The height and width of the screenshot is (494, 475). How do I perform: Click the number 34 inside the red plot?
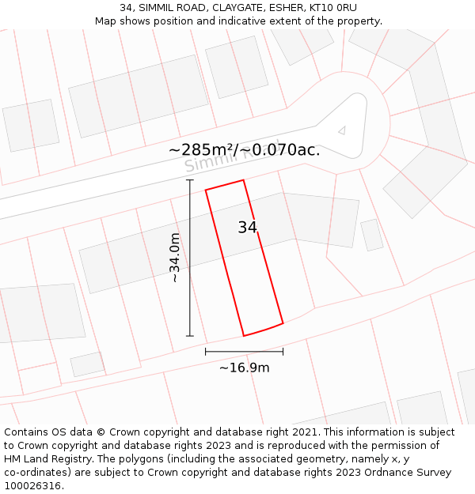tap(248, 228)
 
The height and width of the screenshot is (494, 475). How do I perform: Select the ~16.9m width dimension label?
tap(244, 368)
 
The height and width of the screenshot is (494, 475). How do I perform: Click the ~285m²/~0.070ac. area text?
tap(245, 149)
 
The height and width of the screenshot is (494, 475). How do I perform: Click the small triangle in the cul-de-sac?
tap(341, 130)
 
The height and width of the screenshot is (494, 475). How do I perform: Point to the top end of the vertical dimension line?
tap(190, 180)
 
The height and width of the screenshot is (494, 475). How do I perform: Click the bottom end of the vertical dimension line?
tap(190, 336)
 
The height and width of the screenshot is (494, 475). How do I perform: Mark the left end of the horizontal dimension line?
tap(206, 352)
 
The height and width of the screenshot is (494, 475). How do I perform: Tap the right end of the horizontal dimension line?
tap(283, 352)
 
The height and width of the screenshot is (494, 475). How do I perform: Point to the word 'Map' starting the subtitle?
tap(106, 21)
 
